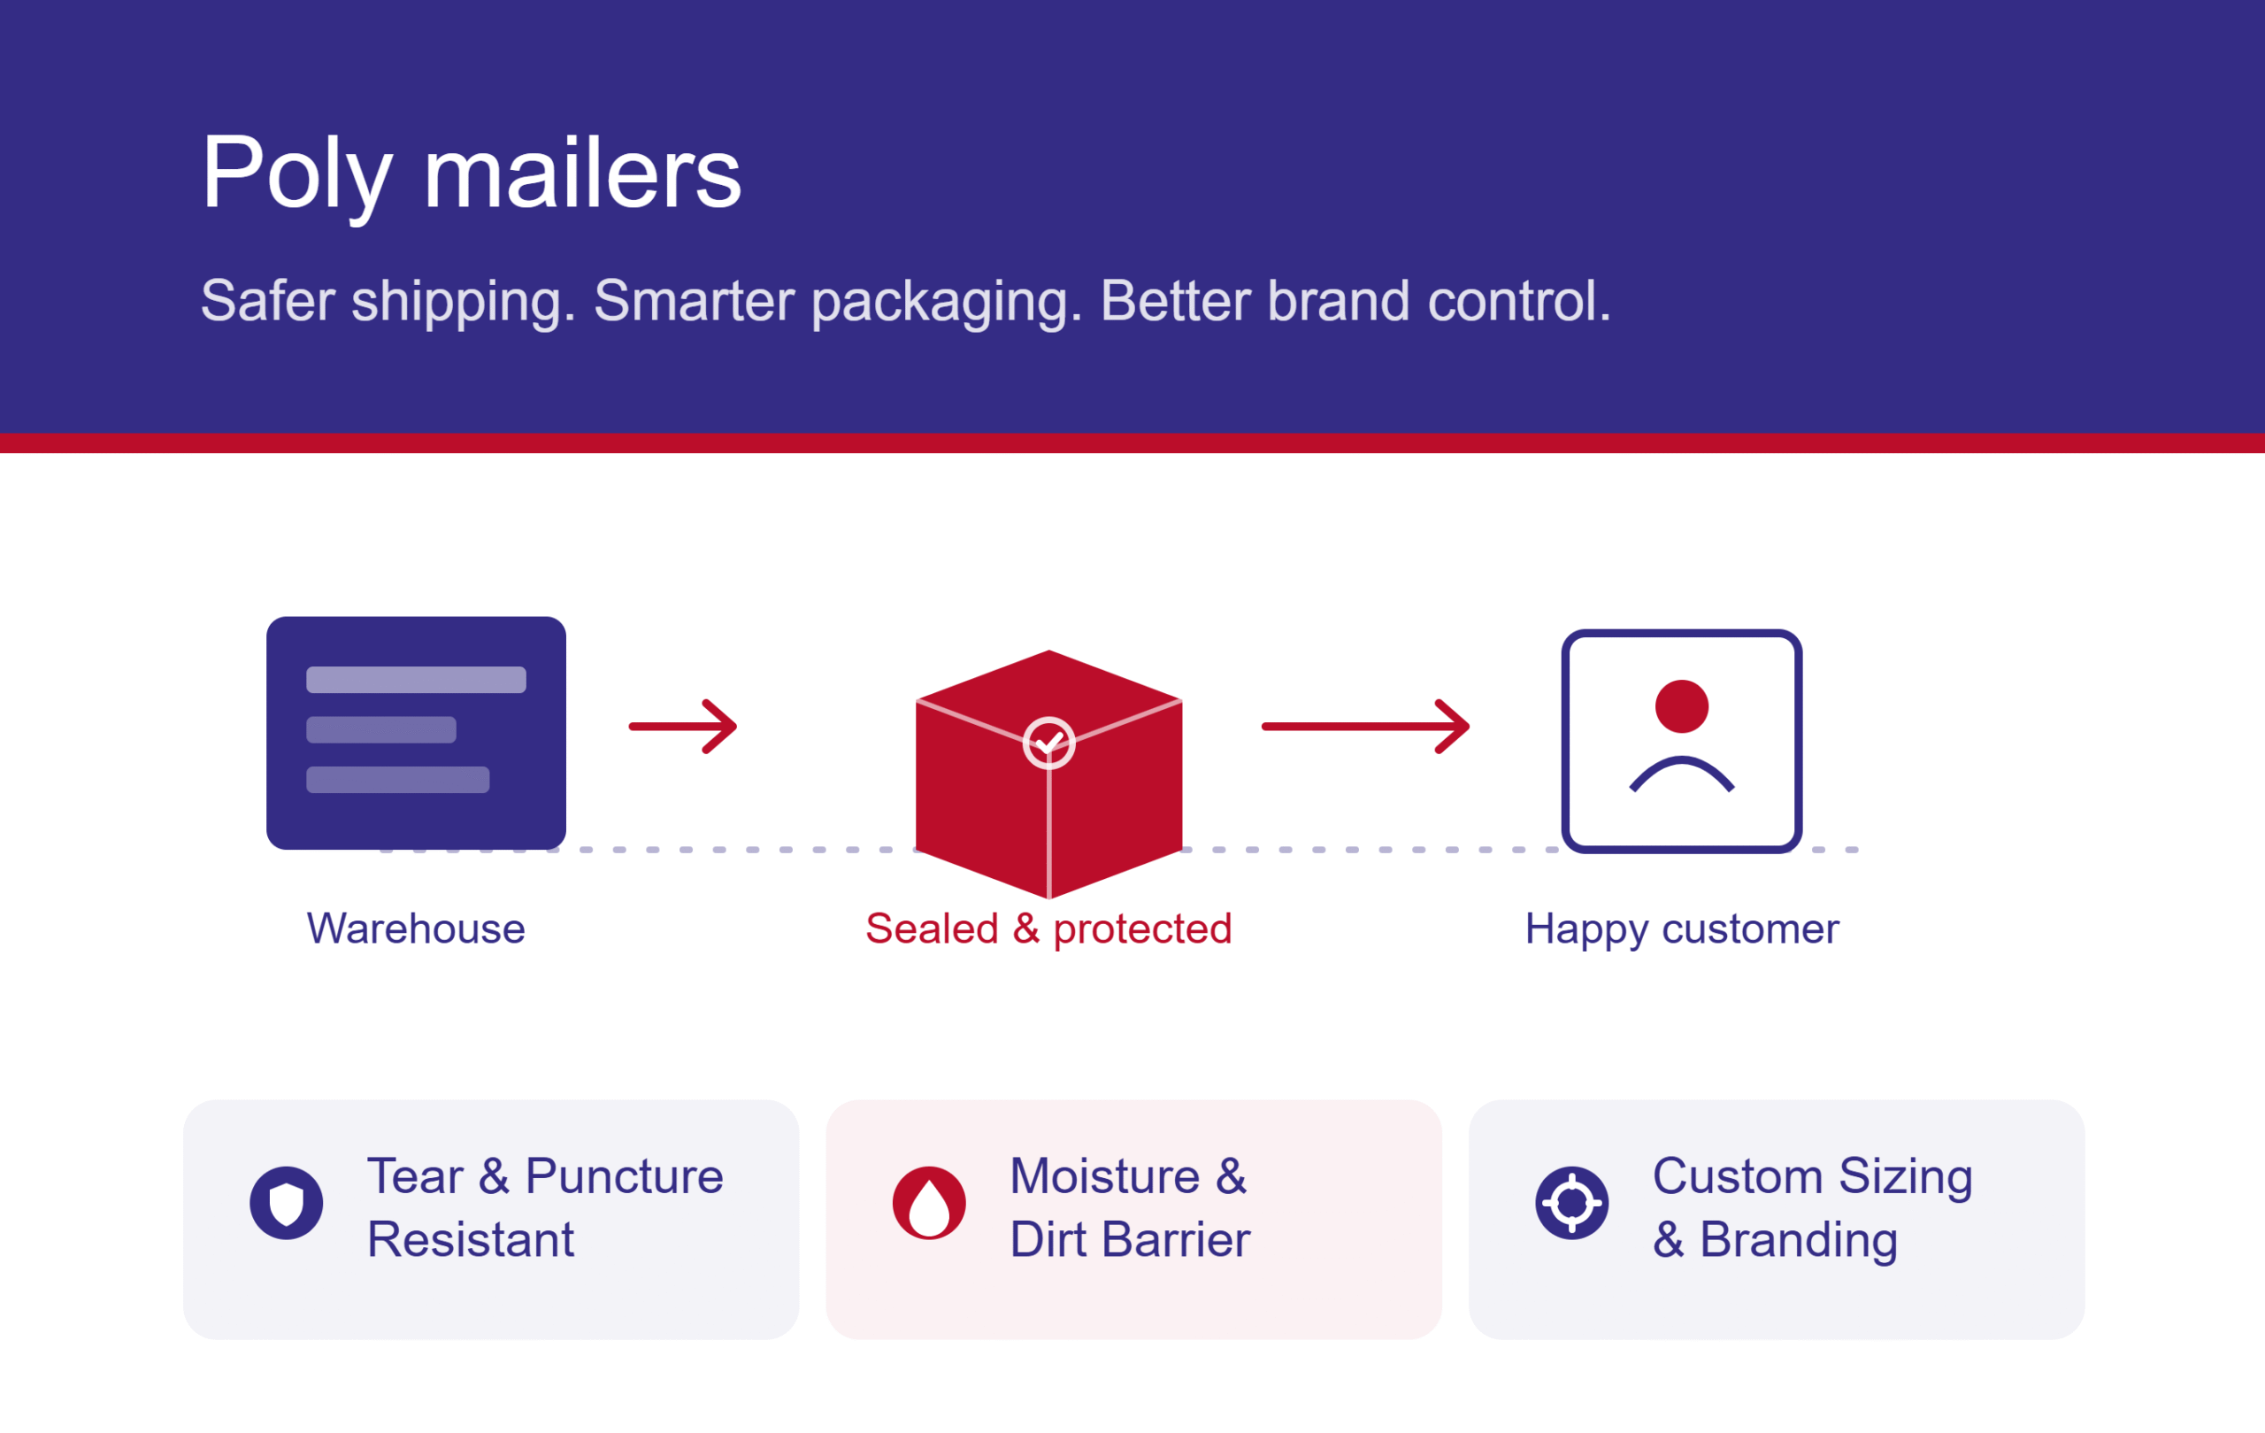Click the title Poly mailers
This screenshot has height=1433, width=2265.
click(x=472, y=175)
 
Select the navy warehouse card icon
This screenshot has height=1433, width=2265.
click(x=416, y=733)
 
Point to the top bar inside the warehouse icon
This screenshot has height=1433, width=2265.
click(x=416, y=680)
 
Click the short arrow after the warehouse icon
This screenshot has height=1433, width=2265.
click(x=683, y=727)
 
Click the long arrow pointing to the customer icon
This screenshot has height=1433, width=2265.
click(x=1366, y=727)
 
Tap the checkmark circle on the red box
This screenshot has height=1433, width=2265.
click(x=1048, y=743)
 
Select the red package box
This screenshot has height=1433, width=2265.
click(x=1048, y=774)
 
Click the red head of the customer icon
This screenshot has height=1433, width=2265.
click(x=1682, y=706)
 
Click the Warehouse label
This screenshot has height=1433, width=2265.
click(x=416, y=928)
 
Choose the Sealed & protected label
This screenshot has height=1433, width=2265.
click(x=1048, y=929)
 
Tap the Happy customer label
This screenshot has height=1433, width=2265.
click(x=1682, y=929)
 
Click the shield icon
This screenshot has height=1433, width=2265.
click(x=287, y=1203)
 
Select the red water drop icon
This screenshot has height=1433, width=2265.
click(x=929, y=1203)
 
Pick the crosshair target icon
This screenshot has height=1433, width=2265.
click(x=1571, y=1203)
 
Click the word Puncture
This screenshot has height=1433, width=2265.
click(x=625, y=1176)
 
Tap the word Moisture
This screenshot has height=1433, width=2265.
click(x=1105, y=1176)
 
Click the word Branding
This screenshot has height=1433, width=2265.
click(x=1799, y=1240)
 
